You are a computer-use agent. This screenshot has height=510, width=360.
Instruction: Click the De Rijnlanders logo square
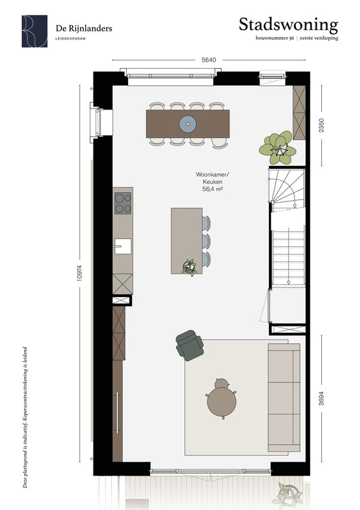[x=34, y=31]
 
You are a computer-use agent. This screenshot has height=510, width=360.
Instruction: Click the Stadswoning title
[x=289, y=25]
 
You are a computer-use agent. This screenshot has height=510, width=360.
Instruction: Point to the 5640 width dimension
[x=208, y=60]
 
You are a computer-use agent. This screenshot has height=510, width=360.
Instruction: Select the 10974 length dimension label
[x=80, y=273]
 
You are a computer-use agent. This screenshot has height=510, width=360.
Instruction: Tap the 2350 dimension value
[x=321, y=126]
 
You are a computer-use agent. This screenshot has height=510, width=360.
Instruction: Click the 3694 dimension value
[x=321, y=398]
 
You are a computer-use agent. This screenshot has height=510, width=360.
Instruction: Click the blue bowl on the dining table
[x=187, y=124]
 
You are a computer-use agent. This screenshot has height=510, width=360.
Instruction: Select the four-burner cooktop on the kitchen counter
[x=123, y=203]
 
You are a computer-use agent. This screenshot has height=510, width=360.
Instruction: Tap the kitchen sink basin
[x=123, y=246]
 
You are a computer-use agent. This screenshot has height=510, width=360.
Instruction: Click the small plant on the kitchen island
[x=189, y=267]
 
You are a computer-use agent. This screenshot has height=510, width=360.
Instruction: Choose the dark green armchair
[x=190, y=346]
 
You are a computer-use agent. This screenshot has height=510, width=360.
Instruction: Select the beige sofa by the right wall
[x=284, y=397]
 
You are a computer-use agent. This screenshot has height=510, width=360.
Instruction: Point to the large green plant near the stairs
[x=278, y=148]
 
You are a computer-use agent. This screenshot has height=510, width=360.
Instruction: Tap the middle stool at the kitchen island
[x=206, y=242]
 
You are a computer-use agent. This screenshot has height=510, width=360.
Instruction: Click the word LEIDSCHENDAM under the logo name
[x=71, y=38]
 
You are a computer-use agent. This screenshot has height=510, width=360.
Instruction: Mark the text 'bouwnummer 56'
[x=275, y=38]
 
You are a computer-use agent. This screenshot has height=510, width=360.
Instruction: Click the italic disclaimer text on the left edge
[x=25, y=418]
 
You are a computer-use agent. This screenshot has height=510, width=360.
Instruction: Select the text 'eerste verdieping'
[x=319, y=38]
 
